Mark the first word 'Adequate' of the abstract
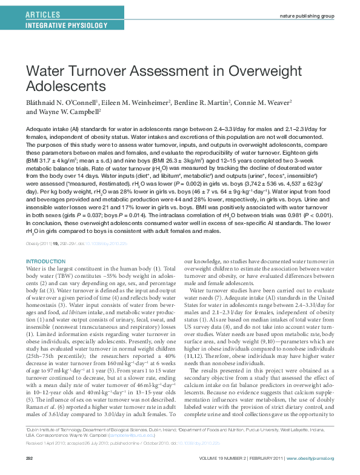38,130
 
